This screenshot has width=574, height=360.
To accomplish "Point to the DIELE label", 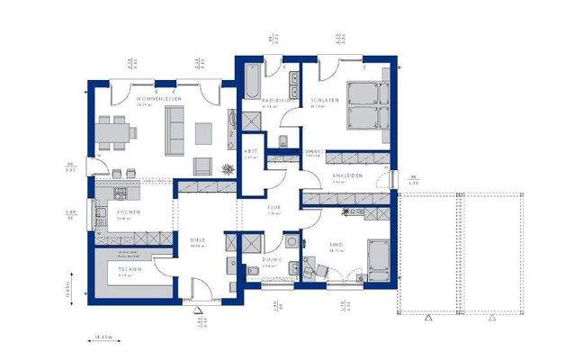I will (198, 239).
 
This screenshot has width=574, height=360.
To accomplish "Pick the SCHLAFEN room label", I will (325, 100).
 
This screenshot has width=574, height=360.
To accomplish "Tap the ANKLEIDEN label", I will (346, 175).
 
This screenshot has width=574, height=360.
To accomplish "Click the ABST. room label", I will (251, 150).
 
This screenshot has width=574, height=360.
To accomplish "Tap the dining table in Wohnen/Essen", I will (115, 132).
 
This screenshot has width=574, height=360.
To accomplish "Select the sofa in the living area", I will (174, 127).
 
